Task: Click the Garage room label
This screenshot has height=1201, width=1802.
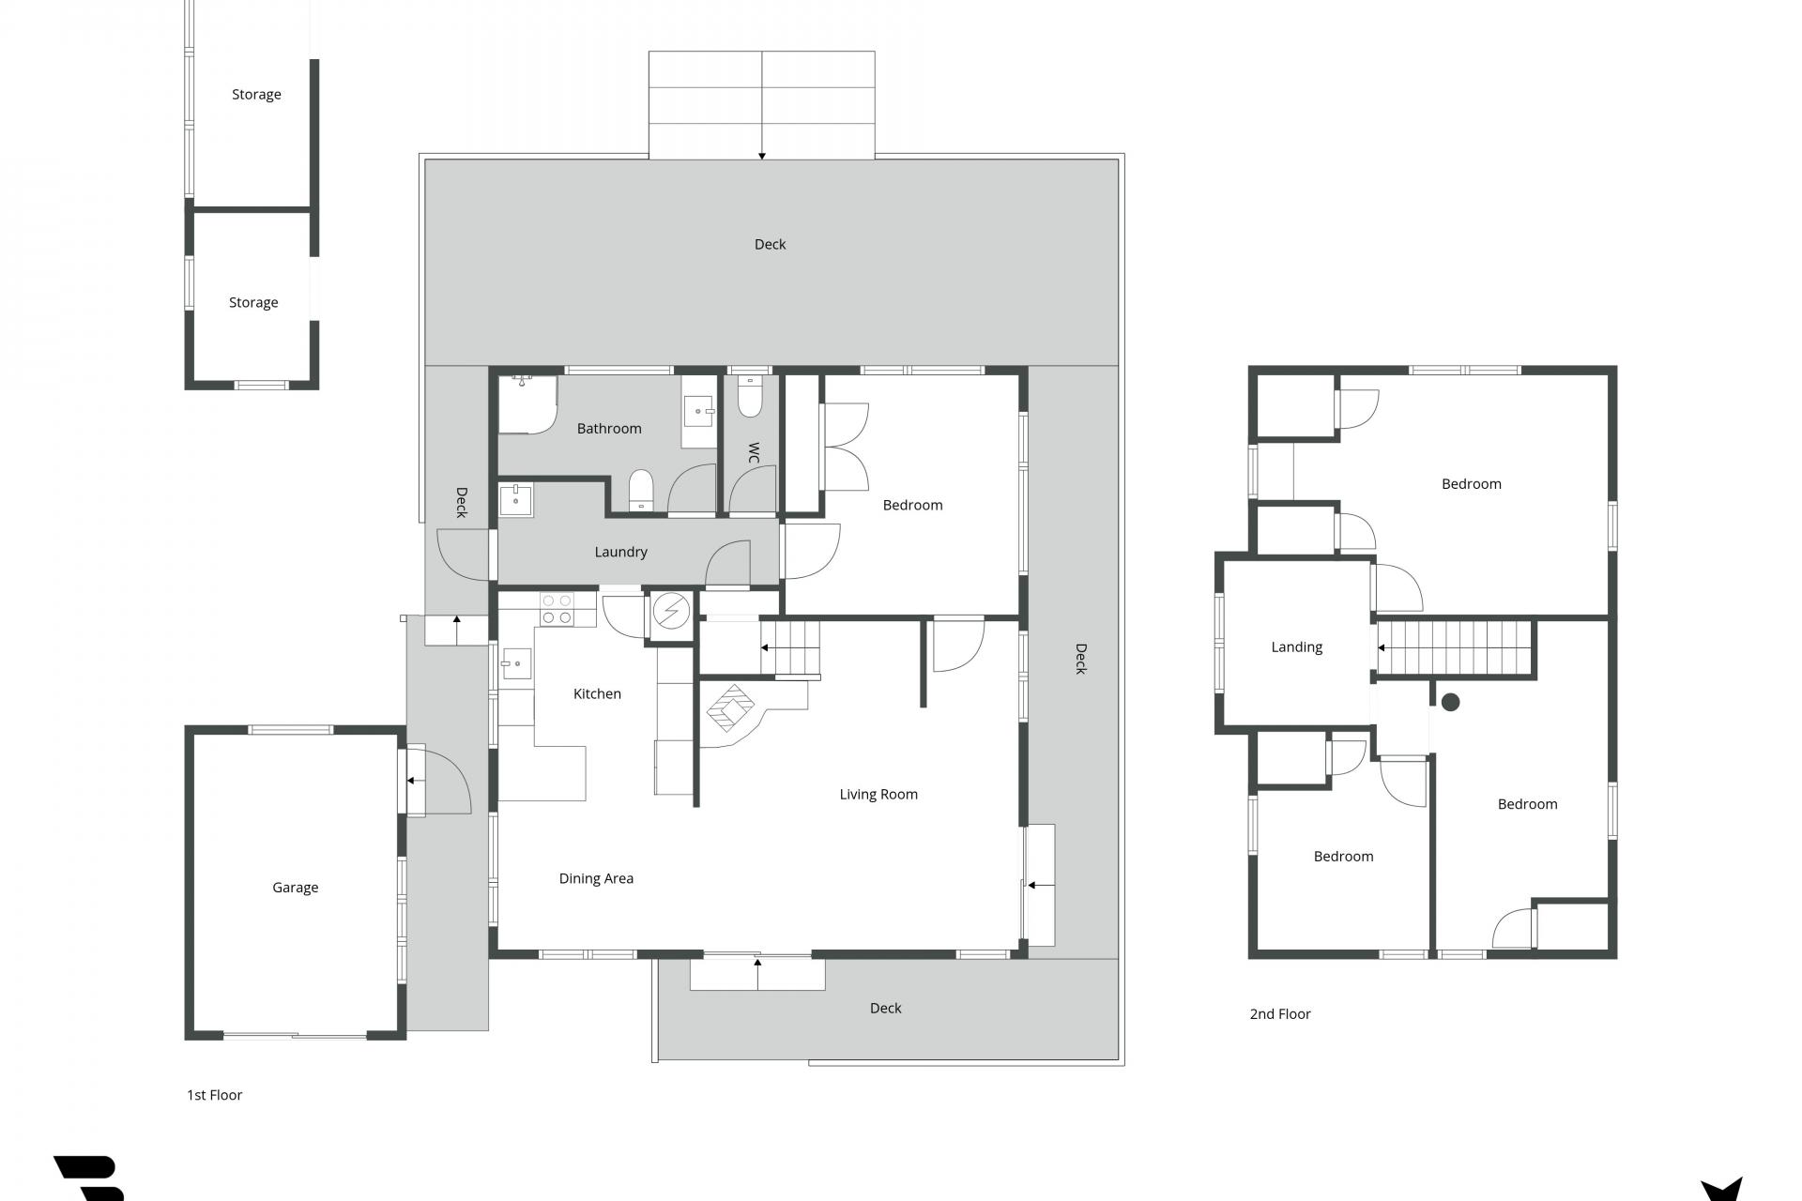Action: (295, 888)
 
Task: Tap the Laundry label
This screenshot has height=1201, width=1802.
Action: (620, 552)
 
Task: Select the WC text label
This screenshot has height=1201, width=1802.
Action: (753, 453)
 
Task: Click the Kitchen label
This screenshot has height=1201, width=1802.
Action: (597, 693)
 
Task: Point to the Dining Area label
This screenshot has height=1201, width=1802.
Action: (596, 878)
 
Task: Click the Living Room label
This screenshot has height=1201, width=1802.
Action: (878, 795)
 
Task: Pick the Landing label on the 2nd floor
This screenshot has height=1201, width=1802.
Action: (1296, 647)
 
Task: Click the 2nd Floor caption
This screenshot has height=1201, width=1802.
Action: (1280, 1014)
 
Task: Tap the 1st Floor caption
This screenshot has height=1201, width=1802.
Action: (214, 1095)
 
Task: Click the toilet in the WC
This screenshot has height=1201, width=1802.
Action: (750, 397)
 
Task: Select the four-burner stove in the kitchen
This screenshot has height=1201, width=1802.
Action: (556, 609)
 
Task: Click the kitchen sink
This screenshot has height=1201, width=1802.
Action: (516, 663)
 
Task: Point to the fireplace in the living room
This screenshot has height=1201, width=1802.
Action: (731, 707)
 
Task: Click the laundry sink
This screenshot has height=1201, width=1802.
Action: (515, 500)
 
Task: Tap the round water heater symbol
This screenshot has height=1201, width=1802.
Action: (671, 612)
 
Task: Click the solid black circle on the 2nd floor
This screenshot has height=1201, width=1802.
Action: (1450, 702)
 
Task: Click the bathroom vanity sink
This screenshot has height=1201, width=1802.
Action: (699, 411)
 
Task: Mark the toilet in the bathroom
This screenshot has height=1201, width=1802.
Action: (641, 491)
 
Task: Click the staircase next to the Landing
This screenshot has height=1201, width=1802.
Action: (1454, 647)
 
